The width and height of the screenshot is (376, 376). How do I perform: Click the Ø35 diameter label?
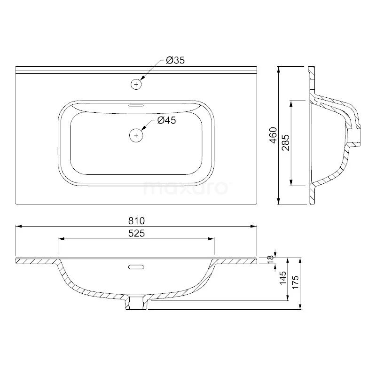175,61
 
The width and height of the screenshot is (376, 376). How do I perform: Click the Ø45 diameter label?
167,121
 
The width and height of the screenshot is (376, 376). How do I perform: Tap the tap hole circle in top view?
136,84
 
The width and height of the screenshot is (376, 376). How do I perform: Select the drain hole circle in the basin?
136,135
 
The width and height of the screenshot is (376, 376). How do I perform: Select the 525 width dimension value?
136,234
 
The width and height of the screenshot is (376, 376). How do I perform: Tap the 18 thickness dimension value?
271,259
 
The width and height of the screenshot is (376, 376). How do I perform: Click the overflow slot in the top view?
136,105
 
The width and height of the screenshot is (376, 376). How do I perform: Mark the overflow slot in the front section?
136,267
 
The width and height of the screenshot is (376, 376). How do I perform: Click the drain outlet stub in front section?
136,303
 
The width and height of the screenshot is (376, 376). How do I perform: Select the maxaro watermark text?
185,189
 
